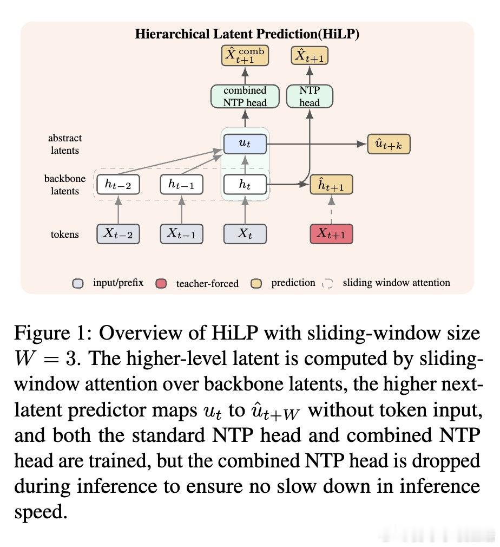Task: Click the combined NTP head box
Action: [x=245, y=96]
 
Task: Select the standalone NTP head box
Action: [x=310, y=96]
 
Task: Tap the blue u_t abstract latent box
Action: [x=245, y=144]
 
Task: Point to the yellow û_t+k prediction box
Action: [x=389, y=144]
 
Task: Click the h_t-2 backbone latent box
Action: [x=118, y=184]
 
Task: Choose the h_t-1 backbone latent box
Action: [x=181, y=184]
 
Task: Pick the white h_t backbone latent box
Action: [x=245, y=184]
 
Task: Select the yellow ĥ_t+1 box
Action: [x=331, y=185]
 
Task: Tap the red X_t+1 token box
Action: [x=331, y=234]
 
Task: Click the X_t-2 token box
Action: [x=118, y=234]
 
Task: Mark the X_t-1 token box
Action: [x=181, y=234]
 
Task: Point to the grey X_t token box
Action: [x=245, y=234]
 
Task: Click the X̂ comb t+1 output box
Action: [x=245, y=55]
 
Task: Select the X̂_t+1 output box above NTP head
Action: [x=310, y=55]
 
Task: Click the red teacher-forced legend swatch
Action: [x=161, y=284]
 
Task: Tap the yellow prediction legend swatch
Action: [x=256, y=284]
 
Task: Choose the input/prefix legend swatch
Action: [x=78, y=284]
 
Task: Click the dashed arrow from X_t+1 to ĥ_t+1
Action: [x=332, y=210]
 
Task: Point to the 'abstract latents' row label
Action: [x=65, y=144]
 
